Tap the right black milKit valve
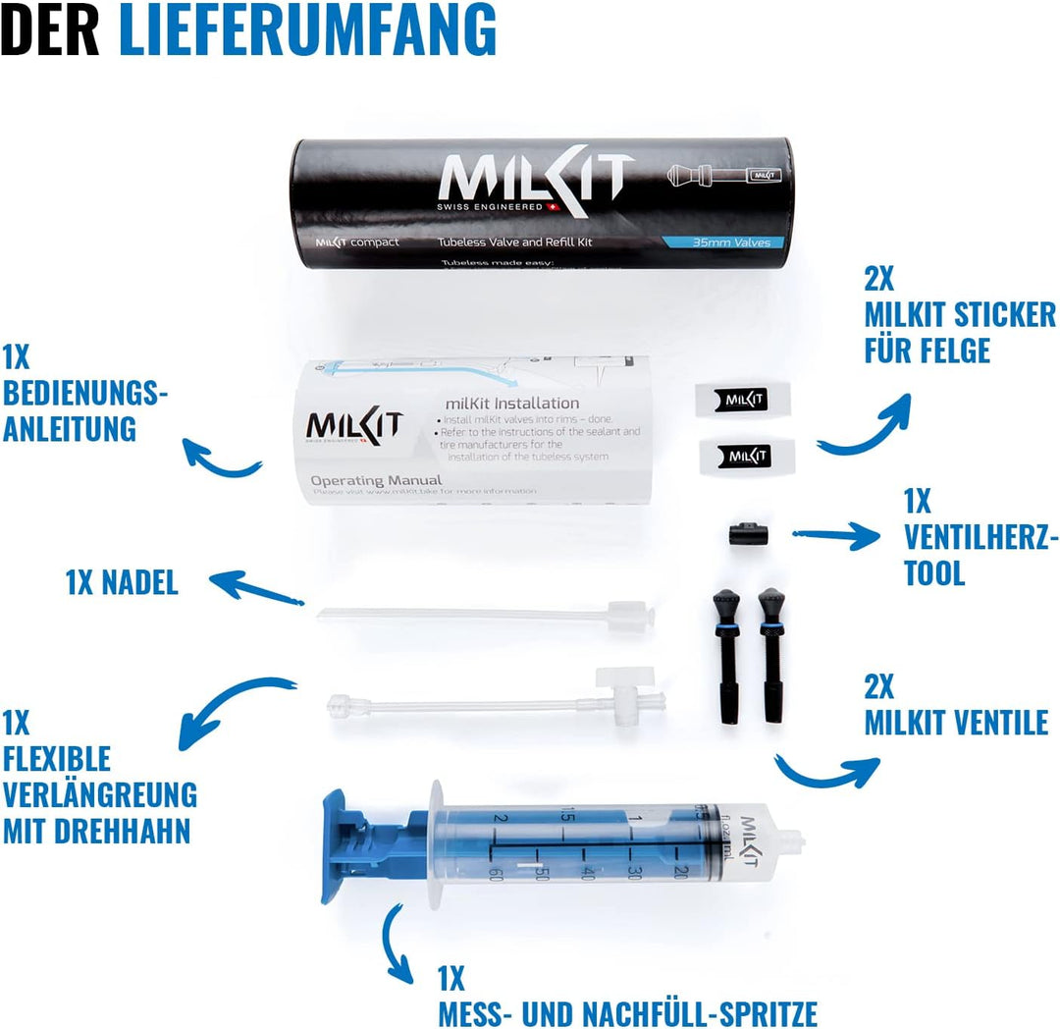pos(772,653)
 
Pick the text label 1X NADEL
pos(122,583)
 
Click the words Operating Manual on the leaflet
pos(376,480)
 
